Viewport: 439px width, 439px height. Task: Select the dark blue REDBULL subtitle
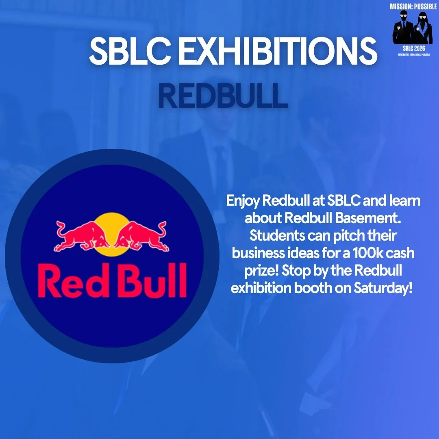223,96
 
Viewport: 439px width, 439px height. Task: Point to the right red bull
142,235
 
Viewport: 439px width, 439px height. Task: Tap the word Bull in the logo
151,280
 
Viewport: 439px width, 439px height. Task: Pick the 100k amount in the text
368,253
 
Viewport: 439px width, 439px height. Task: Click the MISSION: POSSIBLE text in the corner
413,7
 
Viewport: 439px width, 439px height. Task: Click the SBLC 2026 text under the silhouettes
413,48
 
